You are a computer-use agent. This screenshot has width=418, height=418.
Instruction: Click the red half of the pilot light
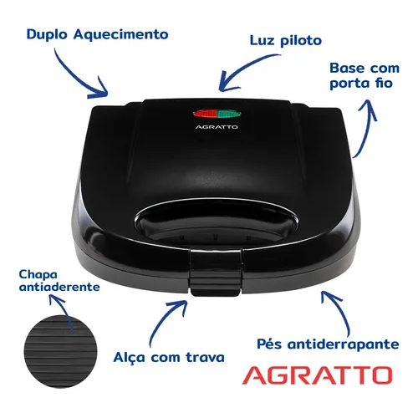point(205,114)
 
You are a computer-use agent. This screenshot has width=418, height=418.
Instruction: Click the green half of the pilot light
point(229,114)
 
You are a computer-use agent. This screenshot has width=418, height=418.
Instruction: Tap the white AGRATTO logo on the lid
point(217,127)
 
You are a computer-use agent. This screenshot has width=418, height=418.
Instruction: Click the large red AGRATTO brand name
point(317,375)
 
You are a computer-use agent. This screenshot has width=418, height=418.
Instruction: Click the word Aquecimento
point(121,34)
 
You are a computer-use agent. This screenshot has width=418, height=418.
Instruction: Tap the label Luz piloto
point(286,41)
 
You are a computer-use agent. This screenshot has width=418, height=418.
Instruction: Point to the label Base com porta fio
point(364,76)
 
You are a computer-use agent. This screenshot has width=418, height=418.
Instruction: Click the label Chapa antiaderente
point(59,281)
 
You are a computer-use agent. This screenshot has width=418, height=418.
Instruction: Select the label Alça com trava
point(169,358)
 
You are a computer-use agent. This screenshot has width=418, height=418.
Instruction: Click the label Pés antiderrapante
point(328,344)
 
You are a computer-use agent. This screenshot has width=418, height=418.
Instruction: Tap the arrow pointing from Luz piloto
point(245,69)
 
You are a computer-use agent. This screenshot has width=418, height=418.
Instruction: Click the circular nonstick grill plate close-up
point(60,352)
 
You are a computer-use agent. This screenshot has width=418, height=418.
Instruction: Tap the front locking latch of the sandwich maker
point(215,272)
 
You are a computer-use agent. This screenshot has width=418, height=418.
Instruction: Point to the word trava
point(205,357)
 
